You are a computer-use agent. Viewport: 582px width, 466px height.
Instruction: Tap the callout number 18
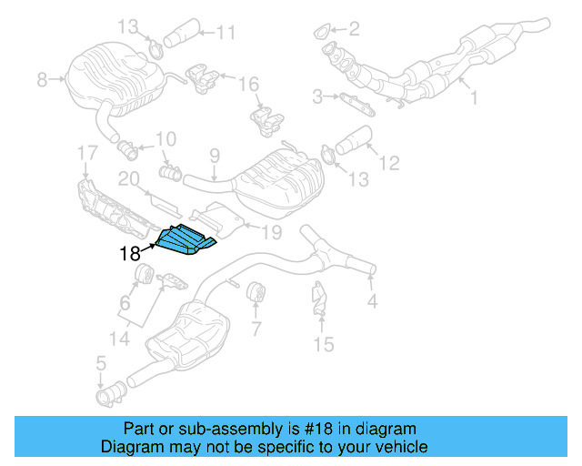point(130,256)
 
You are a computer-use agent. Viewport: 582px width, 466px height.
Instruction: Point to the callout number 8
point(42,81)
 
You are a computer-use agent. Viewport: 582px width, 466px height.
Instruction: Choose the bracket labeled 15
point(320,301)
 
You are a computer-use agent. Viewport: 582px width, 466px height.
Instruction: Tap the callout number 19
point(272,233)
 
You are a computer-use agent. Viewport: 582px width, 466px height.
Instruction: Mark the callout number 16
point(249,84)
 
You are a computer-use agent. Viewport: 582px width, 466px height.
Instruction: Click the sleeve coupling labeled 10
point(168,170)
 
